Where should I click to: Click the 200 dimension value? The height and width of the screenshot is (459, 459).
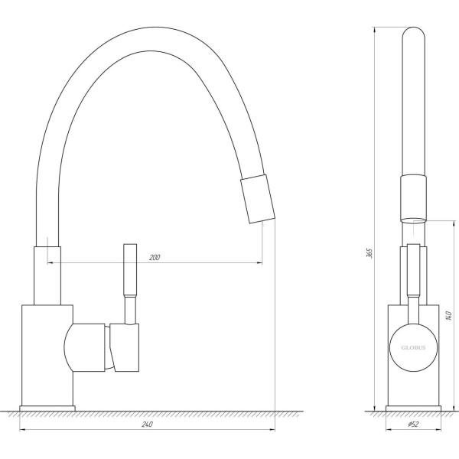tap(155, 257)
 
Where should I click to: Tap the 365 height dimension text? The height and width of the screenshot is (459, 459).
tap(368, 253)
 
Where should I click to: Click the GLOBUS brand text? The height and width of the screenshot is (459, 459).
tap(413, 347)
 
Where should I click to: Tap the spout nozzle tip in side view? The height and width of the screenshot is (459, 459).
tap(258, 198)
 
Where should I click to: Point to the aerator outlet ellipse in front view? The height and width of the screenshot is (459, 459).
tap(413, 221)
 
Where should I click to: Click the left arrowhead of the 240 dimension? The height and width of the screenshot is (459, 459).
tap(21, 429)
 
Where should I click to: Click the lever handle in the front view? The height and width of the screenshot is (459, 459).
tap(413, 272)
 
